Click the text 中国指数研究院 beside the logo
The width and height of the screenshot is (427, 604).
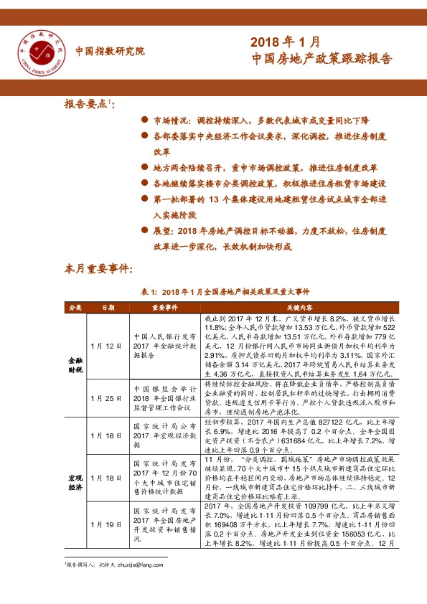110,51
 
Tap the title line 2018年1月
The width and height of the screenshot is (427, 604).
285,43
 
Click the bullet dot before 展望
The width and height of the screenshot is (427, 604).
145,232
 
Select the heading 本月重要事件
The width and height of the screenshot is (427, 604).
99,270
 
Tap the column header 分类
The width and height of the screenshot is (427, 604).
75,307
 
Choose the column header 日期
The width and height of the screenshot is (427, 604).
108,307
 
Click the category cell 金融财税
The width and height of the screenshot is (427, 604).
75,366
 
